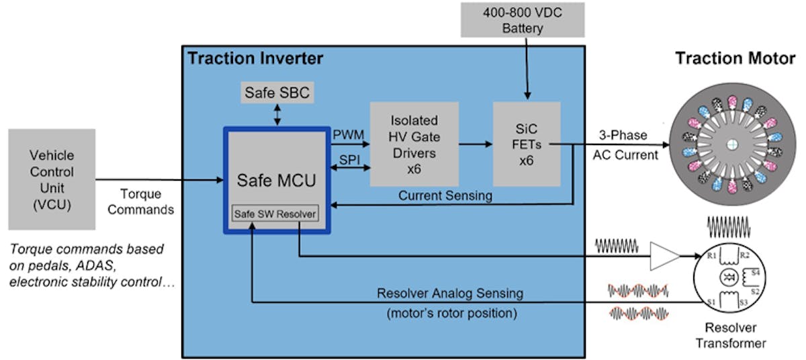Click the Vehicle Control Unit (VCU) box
[52, 179]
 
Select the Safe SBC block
[277, 93]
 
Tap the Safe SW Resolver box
[275, 214]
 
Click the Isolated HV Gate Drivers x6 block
[414, 144]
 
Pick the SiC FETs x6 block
[526, 144]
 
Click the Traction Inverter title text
[255, 58]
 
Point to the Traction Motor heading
[735, 58]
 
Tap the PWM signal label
[348, 135]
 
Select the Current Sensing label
[445, 195]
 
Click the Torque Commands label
[141, 201]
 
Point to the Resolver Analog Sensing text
[450, 294]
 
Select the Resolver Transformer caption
[730, 336]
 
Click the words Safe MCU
[275, 180]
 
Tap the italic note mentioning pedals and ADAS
[92, 266]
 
